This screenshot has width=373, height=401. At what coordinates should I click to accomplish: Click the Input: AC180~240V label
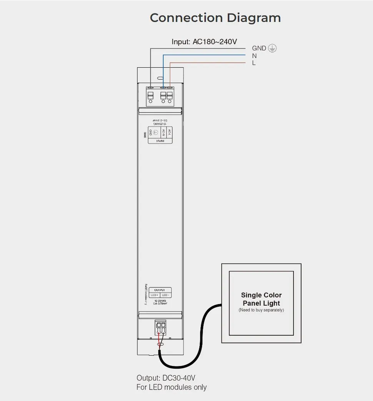click(x=204, y=42)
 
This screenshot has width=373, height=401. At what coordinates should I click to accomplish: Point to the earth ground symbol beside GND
click(x=272, y=48)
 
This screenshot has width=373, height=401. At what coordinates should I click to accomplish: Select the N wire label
click(x=254, y=56)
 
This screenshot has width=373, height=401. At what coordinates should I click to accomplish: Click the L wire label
click(x=254, y=63)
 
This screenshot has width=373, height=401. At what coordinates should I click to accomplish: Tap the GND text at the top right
click(x=259, y=48)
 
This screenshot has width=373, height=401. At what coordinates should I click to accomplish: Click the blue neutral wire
click(x=204, y=55)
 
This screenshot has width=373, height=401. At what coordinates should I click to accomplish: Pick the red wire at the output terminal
click(x=159, y=341)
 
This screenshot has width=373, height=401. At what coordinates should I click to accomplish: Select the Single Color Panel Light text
click(x=261, y=299)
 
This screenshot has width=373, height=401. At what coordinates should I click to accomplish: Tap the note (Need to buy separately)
click(x=261, y=310)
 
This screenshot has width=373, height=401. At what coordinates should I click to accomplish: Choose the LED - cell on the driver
click(x=166, y=295)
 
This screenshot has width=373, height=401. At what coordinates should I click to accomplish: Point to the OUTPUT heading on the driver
click(x=160, y=290)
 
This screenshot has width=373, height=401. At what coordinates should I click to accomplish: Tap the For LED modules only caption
click(x=172, y=387)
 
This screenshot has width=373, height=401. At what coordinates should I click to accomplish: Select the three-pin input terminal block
click(x=160, y=96)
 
